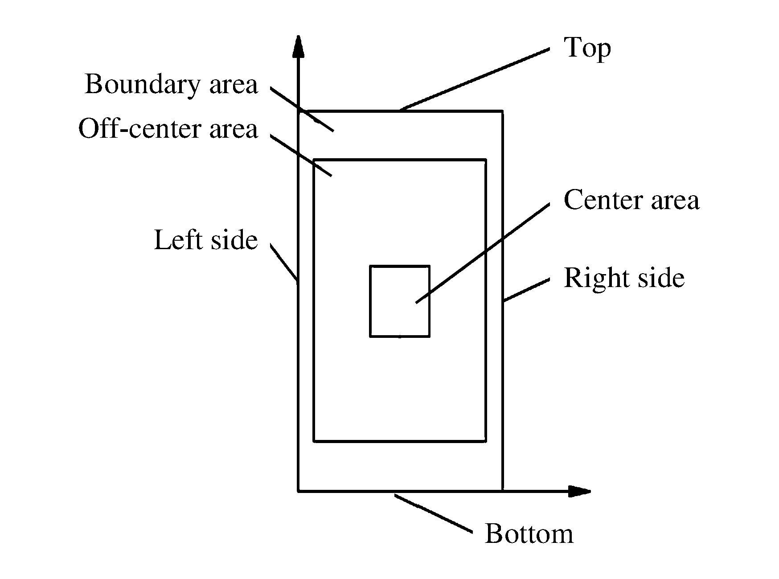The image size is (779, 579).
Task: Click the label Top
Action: [587, 48]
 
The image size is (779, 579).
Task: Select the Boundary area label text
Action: [171, 84]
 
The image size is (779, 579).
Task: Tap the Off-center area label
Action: [168, 129]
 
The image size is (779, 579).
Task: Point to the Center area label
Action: [631, 200]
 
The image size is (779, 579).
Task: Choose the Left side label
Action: [205, 240]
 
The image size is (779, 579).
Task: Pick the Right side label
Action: [624, 278]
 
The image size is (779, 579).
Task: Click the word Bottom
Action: [529, 534]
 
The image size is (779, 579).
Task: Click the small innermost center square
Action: [400, 301]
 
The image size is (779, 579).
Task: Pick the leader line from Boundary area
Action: [302, 109]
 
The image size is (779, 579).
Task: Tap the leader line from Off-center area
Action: [301, 156]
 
